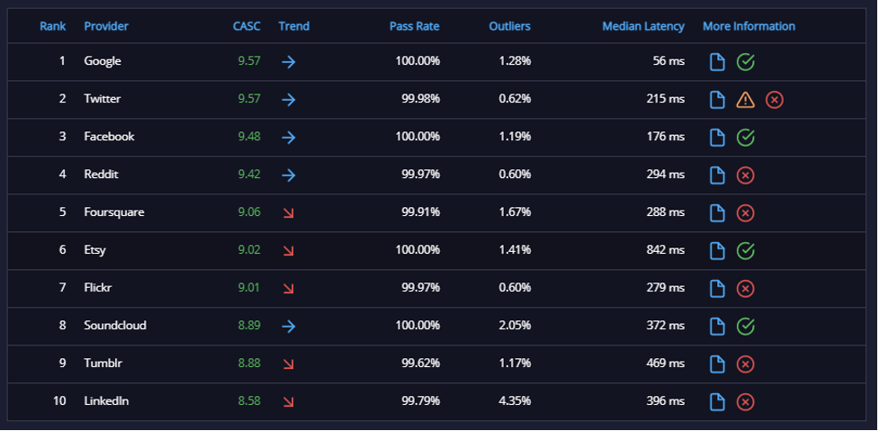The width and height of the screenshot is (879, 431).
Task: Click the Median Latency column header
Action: tap(643, 26)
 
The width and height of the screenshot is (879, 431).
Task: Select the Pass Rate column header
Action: tap(414, 26)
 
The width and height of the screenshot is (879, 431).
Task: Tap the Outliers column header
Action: tap(509, 26)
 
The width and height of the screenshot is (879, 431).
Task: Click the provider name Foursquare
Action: tap(113, 212)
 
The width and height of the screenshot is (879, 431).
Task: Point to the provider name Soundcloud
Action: tap(115, 326)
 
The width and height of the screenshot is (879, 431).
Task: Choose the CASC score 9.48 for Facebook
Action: tap(249, 137)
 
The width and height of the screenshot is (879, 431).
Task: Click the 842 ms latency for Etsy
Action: tap(666, 250)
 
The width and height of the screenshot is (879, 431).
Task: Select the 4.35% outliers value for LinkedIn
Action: tap(515, 401)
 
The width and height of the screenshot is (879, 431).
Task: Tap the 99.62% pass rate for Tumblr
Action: tap(420, 364)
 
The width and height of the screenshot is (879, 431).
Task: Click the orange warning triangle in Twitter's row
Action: tap(746, 100)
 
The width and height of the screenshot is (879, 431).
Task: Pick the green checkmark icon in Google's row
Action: tap(746, 62)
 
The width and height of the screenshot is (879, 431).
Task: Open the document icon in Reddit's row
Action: tap(717, 175)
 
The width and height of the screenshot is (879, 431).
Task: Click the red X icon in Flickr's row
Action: tap(745, 289)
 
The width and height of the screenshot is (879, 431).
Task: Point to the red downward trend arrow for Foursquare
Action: tap(289, 213)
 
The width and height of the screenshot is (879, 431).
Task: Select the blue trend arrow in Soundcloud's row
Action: tap(288, 327)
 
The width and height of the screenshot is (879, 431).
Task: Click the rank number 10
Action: tap(60, 401)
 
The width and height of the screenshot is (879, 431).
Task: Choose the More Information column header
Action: tap(749, 26)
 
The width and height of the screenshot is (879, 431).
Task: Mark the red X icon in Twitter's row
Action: tap(774, 100)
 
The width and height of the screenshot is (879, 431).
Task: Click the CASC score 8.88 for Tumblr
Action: tap(249, 364)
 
